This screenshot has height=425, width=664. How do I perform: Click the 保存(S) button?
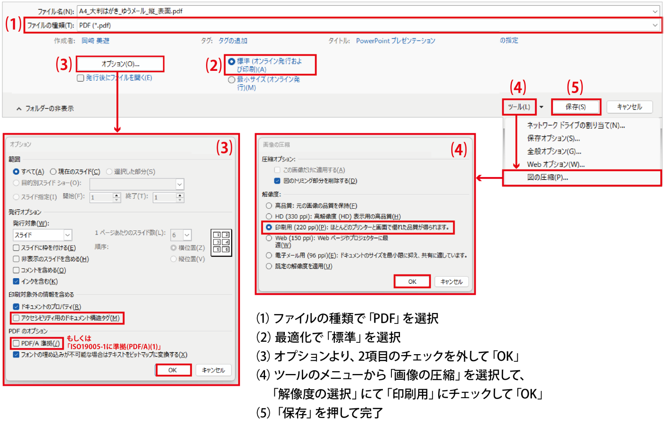576,107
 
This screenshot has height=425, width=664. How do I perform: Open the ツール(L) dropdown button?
519,107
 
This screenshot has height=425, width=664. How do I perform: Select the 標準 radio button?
232,62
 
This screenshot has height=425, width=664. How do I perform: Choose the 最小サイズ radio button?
232,80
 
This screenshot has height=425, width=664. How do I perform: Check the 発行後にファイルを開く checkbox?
81,78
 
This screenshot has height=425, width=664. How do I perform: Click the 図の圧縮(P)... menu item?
548,178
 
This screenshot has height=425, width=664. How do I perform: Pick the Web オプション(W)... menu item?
556,164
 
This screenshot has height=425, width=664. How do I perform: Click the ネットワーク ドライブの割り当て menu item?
575,125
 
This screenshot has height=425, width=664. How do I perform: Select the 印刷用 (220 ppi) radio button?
269,227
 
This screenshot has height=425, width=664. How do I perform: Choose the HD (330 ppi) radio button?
269,216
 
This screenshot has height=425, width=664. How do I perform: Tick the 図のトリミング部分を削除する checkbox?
277,181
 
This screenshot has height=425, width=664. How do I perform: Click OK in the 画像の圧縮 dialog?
412,281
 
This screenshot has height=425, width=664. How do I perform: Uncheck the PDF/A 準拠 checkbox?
17,343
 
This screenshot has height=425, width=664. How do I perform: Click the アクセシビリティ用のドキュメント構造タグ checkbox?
17,318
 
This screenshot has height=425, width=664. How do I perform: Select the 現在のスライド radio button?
53,171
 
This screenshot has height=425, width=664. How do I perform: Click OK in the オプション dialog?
173,370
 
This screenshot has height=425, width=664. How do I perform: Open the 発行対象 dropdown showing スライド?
42,235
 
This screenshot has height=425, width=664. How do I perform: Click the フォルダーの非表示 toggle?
45,109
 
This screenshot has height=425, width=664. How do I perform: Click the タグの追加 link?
232,41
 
